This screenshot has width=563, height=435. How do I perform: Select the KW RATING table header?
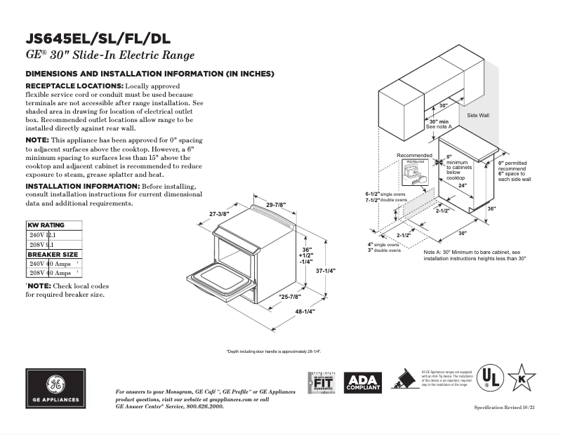pyautogui.click(x=46, y=225)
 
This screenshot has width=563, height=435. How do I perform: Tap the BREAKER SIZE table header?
pyautogui.click(x=53, y=254)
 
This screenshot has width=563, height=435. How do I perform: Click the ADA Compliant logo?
pyautogui.click(x=363, y=382)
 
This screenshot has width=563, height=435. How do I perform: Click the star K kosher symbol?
pyautogui.click(x=521, y=377)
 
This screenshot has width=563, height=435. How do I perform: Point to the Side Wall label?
pyautogui.click(x=478, y=114)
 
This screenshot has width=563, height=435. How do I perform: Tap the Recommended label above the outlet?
pyautogui.click(x=414, y=155)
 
